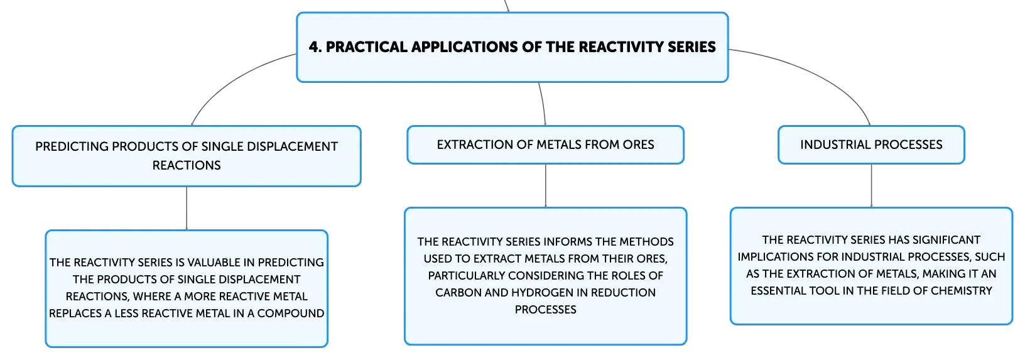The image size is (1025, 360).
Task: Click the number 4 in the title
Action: pyautogui.click(x=313, y=47)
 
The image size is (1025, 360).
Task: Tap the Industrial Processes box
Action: pyautogui.click(x=871, y=145)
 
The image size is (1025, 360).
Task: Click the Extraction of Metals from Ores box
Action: pyautogui.click(x=545, y=145)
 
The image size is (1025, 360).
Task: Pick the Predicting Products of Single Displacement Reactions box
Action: pyautogui.click(x=187, y=156)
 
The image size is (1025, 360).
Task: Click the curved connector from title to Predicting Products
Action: pyautogui.click(x=234, y=80)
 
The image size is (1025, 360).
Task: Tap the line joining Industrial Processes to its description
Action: pyautogui.click(x=871, y=185)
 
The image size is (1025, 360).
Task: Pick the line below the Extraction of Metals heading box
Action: pyautogui.click(x=545, y=185)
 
